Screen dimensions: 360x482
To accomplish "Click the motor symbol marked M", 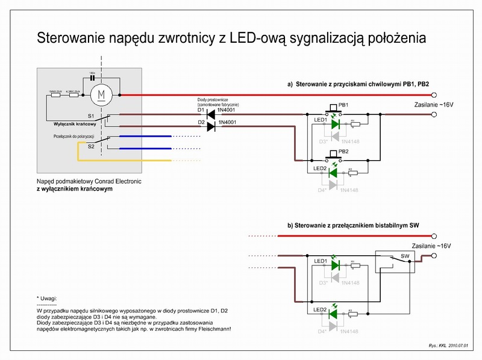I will coord(101,95).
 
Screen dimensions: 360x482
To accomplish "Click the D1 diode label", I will coord(201,110).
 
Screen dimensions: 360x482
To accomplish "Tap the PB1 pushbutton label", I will coord(344,104).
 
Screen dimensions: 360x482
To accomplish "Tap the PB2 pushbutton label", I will coord(344,151).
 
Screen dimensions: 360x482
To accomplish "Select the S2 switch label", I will coord(91,146).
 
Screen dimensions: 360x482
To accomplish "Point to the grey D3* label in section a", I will coord(323,141).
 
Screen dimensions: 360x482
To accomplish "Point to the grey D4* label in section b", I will coord(323,331).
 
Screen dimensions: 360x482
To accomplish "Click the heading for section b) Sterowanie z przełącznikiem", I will coord(353,225).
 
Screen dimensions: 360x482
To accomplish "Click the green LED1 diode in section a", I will coord(336,124).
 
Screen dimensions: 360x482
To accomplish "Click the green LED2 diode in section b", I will coord(336,314).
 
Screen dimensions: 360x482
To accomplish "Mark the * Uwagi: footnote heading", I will coord(50,298).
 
